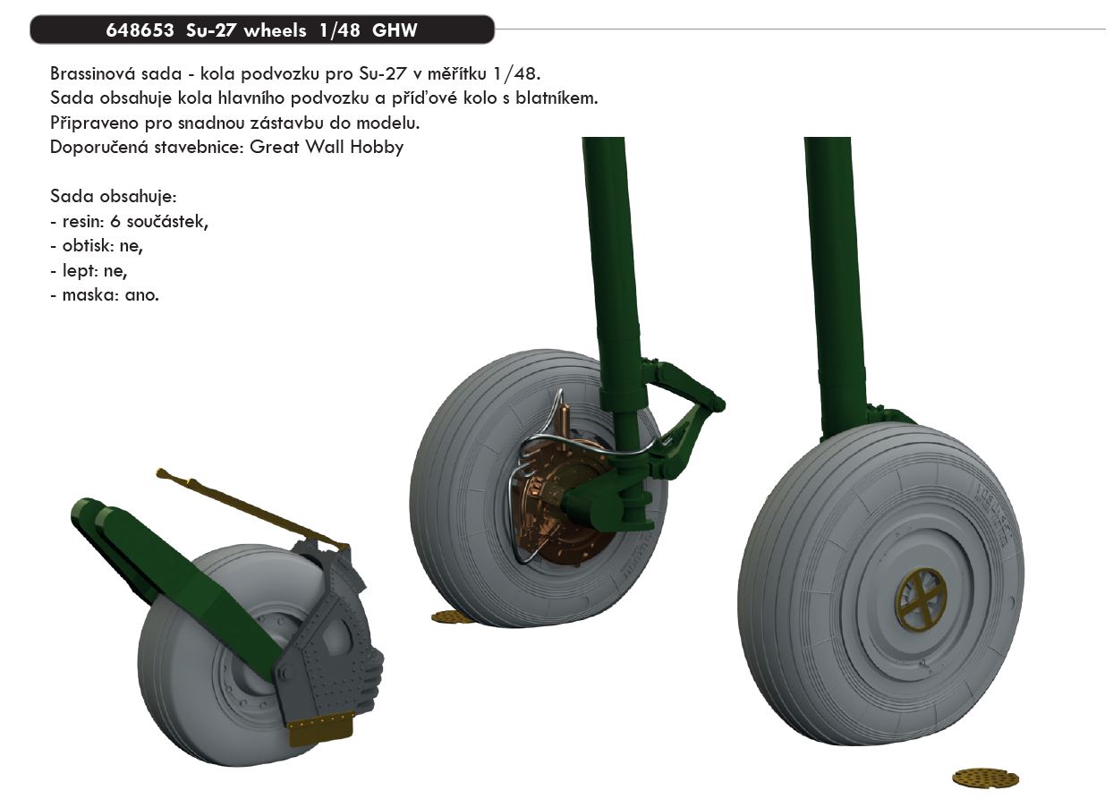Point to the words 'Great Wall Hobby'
point(327,148)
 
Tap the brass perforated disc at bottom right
point(985,777)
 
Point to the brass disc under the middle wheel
point(454,616)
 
